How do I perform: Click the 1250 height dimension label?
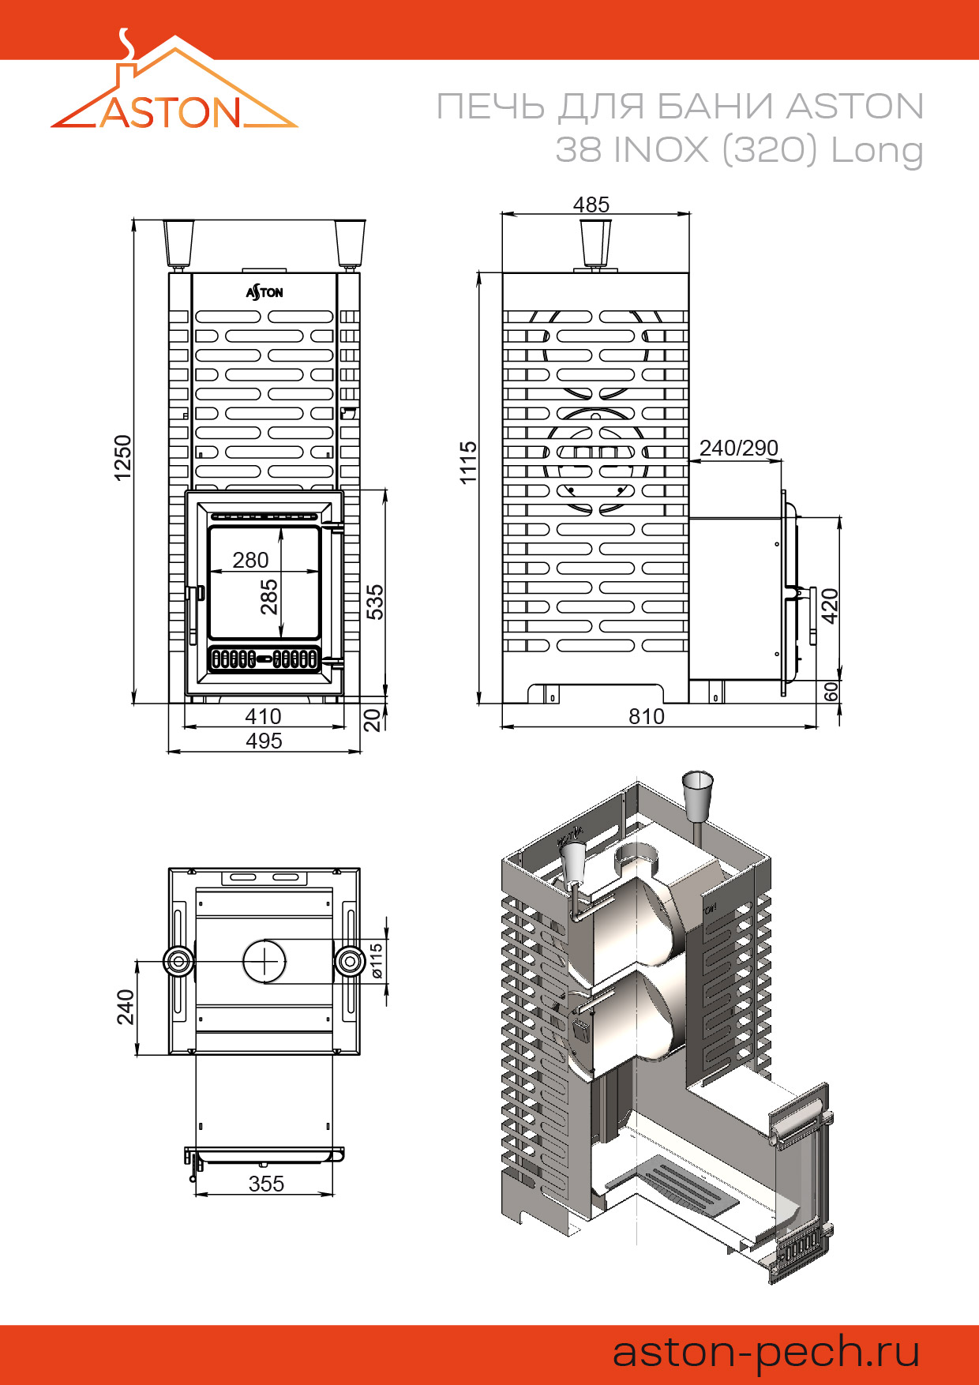[x=122, y=457]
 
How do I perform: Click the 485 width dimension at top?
[x=591, y=205]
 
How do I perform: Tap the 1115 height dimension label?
[x=468, y=463]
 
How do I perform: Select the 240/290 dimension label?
[x=739, y=448]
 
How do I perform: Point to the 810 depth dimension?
[x=647, y=716]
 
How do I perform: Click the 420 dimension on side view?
[x=830, y=606]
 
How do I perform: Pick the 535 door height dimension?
[x=375, y=602]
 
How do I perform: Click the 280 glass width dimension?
[x=250, y=560]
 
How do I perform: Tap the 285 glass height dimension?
[x=269, y=597]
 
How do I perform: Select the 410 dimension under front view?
[x=263, y=716]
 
